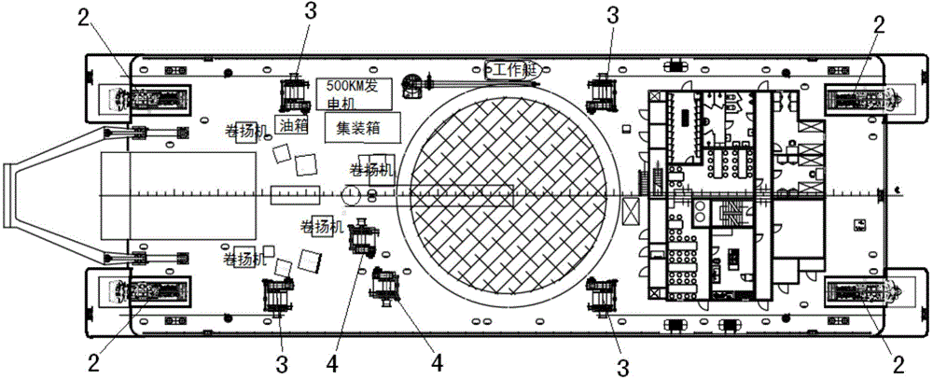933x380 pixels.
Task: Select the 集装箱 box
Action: point(361,126)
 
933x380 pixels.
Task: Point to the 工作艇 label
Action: point(508,68)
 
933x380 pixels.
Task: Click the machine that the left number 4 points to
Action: point(362,240)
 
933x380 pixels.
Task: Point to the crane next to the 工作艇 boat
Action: point(411,86)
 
